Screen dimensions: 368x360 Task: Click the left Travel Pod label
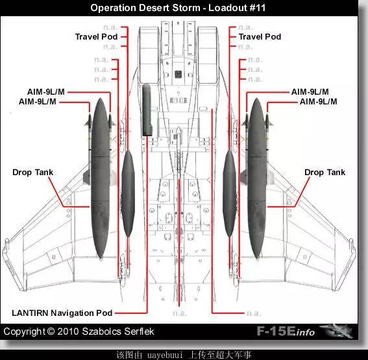(96, 37)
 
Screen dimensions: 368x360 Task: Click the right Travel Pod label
(260, 37)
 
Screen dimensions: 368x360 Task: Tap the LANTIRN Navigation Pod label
(62, 313)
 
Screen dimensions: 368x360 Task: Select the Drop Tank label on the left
(33, 173)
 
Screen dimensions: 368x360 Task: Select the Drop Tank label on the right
(325, 173)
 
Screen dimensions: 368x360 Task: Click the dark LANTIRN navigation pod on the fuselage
(147, 110)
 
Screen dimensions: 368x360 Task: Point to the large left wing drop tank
(100, 178)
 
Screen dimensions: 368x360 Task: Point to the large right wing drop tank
(257, 178)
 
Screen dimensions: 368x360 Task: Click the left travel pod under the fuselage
(128, 193)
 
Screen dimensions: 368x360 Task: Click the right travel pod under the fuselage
(229, 193)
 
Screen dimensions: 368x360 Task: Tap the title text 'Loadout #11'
(237, 8)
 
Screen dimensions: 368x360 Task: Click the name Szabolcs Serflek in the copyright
(118, 331)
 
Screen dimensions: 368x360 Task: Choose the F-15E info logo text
(286, 331)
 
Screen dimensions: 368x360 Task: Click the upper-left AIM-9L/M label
(46, 92)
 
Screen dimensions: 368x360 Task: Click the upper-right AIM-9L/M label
(310, 92)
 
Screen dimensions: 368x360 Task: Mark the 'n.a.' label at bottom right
(253, 313)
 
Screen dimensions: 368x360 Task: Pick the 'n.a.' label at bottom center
(180, 313)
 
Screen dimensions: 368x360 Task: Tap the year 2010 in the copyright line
(68, 331)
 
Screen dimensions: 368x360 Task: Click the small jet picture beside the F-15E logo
(336, 331)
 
